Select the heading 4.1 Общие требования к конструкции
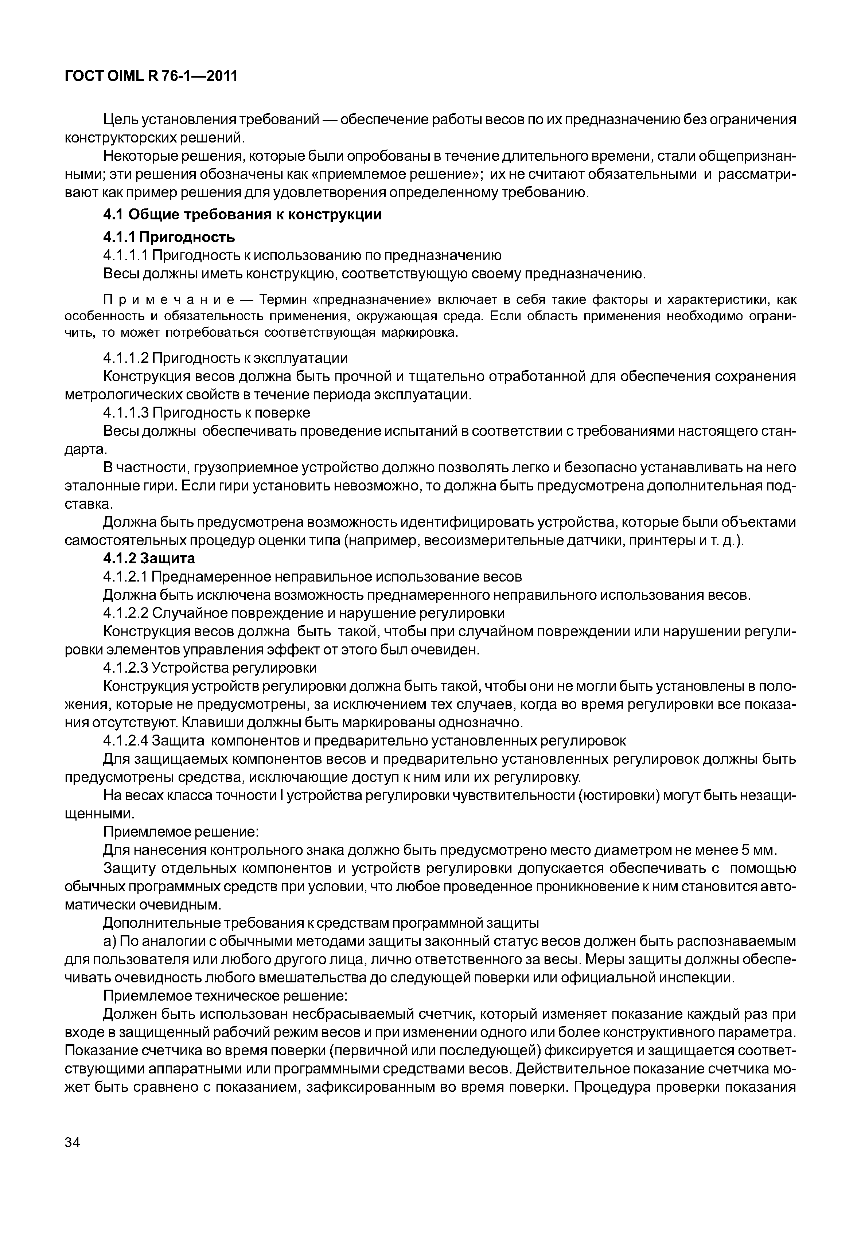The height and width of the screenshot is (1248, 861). [242, 215]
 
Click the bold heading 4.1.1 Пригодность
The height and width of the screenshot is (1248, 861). [169, 237]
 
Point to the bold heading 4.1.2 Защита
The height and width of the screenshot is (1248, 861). [149, 558]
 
